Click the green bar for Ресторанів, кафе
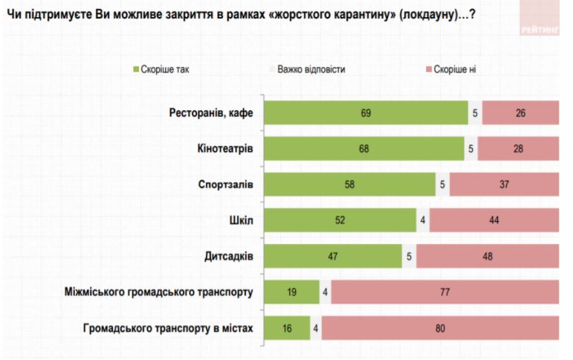coord(366,113)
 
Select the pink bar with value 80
coord(440,327)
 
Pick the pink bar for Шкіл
coord(494,219)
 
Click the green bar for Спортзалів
coord(350,184)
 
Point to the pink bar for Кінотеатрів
coord(518,149)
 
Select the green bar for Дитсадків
coord(334,255)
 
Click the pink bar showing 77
coord(444,291)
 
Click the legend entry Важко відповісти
coord(311,69)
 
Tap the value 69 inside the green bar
coord(366,113)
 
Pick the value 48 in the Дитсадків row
coord(488,255)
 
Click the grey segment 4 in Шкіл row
coord(422,219)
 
